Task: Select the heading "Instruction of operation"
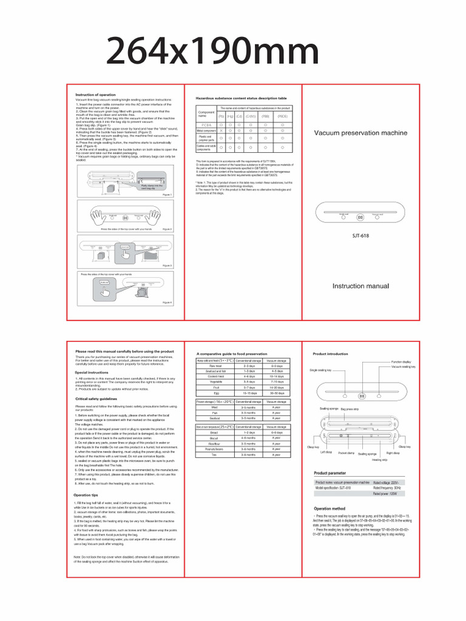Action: coord(95,95)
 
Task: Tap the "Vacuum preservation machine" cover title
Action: coord(360,133)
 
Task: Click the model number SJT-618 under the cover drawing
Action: coord(360,236)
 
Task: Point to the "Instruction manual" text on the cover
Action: coord(360,286)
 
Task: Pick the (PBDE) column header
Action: coord(282,115)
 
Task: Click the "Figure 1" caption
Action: coord(167,195)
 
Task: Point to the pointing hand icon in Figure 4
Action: coord(105,288)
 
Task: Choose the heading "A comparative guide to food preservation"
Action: coord(232,353)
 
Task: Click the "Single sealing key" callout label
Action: coord(320,369)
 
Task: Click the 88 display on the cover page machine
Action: coord(360,217)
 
